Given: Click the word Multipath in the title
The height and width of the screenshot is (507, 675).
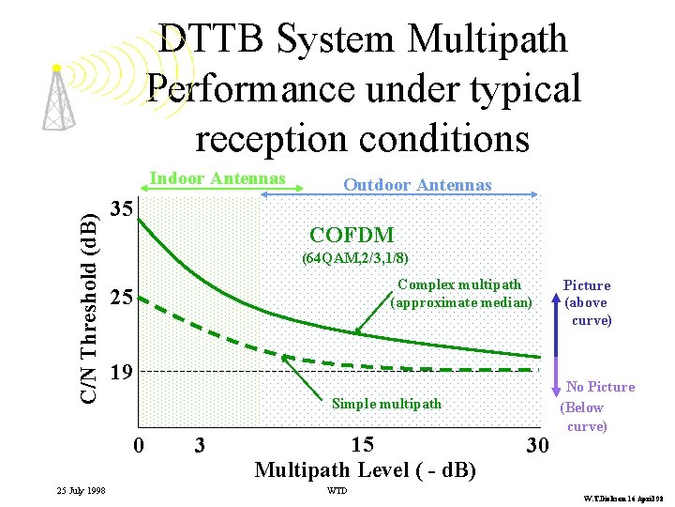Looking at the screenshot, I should point(487,39).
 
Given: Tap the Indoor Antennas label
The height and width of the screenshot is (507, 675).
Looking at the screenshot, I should point(217,178).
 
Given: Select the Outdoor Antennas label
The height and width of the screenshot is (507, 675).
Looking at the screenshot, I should point(417,185).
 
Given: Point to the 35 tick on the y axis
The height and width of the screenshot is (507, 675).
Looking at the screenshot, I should point(119,208).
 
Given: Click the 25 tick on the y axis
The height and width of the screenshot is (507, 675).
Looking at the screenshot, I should point(119,299).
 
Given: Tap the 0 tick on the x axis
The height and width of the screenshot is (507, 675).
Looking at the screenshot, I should point(139,445).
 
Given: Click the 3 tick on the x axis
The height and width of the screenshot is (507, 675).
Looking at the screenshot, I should point(199,445).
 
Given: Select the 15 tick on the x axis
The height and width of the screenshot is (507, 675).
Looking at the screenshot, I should point(363,444).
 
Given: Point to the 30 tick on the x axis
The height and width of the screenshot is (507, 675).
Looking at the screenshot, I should point(536,446).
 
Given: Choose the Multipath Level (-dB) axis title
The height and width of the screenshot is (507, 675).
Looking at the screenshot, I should point(365,469).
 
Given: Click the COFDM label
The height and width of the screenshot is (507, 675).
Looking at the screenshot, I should point(352,235).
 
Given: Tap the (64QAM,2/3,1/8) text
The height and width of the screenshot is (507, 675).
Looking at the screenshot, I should point(355,257).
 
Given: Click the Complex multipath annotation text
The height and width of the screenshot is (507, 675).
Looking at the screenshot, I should point(459,293).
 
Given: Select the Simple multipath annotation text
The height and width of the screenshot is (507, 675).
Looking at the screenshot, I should point(386,404).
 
